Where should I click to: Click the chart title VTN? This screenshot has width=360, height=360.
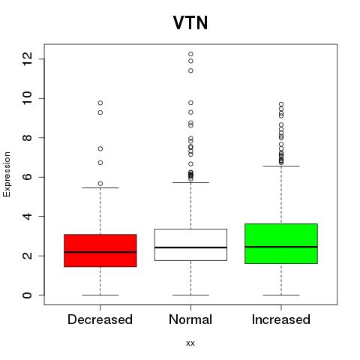coord(190,23)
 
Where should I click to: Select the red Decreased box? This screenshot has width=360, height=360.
coord(100,250)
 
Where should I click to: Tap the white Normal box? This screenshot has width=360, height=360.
coord(190,244)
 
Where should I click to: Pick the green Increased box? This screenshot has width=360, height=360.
coord(281,244)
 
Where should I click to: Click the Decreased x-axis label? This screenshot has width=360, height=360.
coord(100,319)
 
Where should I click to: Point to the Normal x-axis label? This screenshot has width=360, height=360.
coord(190,319)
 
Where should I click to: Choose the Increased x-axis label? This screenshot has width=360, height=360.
coord(281,319)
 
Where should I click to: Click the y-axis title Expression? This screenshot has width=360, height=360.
coord(7,174)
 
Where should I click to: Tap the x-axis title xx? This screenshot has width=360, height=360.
coord(190,343)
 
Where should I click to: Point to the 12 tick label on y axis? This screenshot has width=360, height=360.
coord(27,59)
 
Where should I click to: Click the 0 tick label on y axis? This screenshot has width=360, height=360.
coord(27,295)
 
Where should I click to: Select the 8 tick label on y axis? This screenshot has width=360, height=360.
coord(27,138)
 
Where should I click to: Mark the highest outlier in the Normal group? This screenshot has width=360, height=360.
coord(190,54)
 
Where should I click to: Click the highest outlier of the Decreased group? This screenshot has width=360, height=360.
coord(100,103)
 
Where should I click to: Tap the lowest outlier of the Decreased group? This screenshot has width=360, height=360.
coord(100,184)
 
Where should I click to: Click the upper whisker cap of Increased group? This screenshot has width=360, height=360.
coord(281,166)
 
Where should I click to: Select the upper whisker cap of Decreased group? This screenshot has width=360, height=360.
coord(100,187)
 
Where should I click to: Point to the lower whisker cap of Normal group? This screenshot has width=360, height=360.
coord(190,295)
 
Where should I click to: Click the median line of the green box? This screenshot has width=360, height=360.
coord(281,247)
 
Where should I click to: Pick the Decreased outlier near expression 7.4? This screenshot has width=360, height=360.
coord(100,148)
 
